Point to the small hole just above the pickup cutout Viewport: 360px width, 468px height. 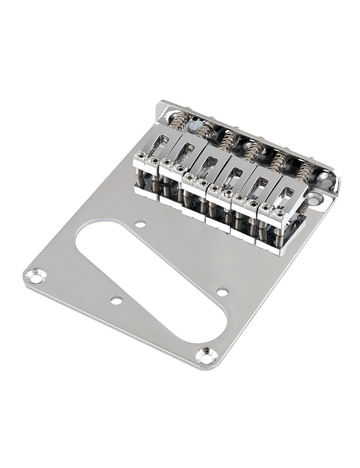coord(140,224)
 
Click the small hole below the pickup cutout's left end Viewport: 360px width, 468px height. coord(116,300)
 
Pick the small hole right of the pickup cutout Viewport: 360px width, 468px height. coord(222,291)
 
